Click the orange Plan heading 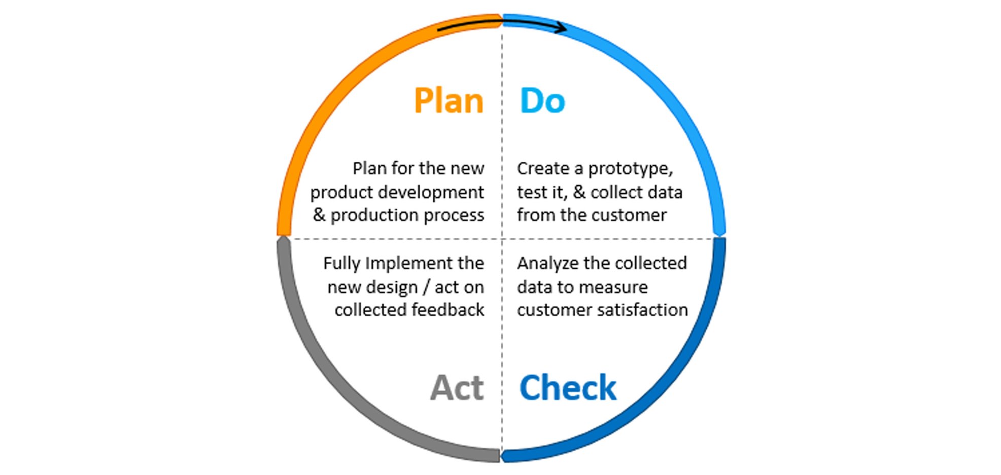click(x=448, y=101)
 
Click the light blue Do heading click(x=542, y=101)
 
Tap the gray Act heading click(x=457, y=388)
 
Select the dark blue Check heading click(x=568, y=388)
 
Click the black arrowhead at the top click(x=561, y=27)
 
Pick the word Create click(x=543, y=169)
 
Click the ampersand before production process click(x=319, y=215)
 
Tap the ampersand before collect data click(x=579, y=193)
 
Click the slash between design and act click(x=426, y=287)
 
